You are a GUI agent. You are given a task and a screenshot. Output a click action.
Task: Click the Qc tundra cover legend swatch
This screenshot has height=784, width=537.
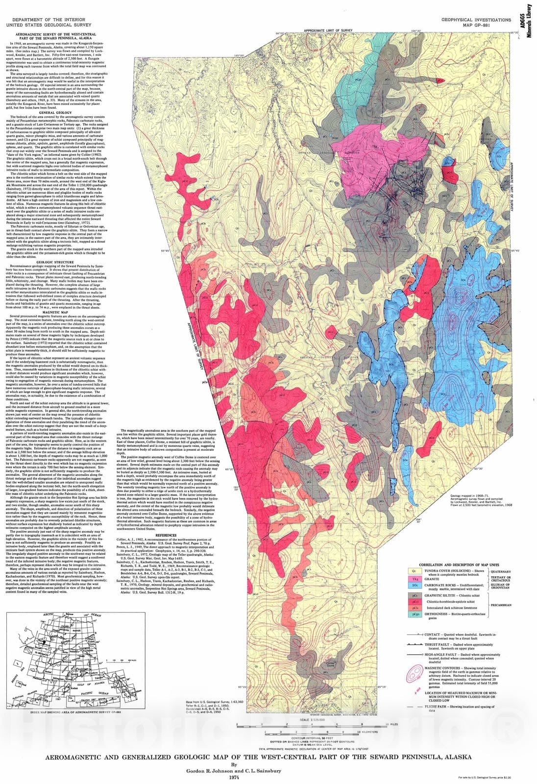pyautogui.click(x=414, y=571)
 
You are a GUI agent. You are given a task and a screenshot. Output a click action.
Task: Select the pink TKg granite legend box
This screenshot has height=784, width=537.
pyautogui.click(x=414, y=578)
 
